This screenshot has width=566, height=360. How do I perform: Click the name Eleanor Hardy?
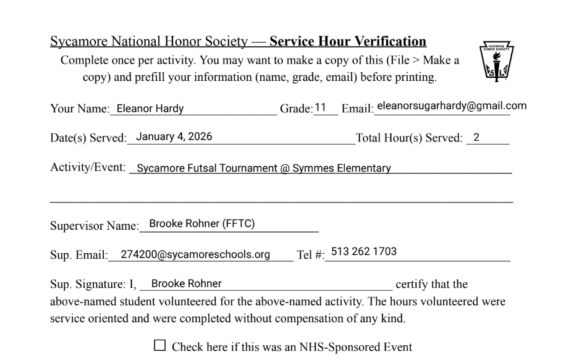150,109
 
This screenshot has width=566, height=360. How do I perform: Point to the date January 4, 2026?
174,137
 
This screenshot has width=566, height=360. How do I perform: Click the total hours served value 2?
476,137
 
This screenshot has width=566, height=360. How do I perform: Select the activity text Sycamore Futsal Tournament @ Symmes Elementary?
263,168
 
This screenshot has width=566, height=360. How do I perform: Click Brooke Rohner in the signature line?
186,283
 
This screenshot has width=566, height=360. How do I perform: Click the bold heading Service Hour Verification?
348,42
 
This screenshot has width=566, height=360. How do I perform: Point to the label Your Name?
78,109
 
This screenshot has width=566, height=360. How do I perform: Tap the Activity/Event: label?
88,167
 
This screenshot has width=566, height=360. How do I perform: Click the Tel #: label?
311,255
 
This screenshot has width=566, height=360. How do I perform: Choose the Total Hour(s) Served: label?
408,138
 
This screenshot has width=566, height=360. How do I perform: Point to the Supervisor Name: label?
95,226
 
